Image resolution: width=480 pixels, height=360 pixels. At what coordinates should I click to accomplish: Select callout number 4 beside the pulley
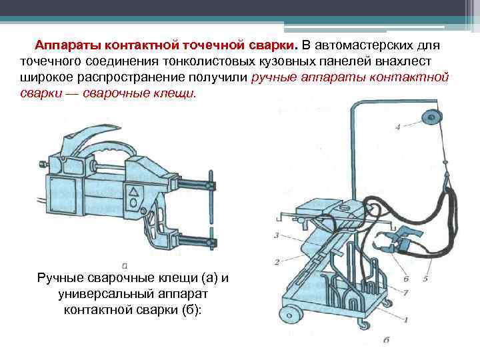coord(397,127)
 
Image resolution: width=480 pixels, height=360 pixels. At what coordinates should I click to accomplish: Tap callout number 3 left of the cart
coord(275,235)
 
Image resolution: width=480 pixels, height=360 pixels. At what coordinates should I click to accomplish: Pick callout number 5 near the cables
coord(425,278)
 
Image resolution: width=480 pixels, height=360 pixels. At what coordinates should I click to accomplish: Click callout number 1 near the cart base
coord(405,320)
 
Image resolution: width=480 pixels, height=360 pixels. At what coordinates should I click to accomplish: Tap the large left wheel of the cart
coord(291,315)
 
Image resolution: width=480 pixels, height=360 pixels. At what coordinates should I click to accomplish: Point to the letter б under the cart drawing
coord(387,340)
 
